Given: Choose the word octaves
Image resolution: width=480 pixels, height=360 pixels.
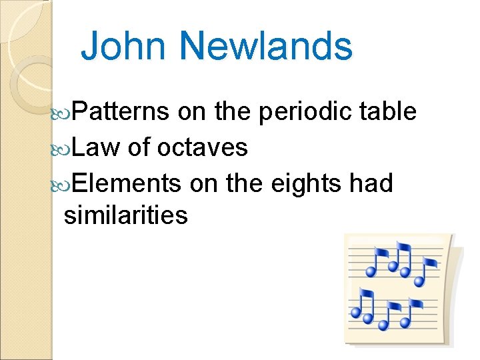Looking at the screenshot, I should pos(203,147).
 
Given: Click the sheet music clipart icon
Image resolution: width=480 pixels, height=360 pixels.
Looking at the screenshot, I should pos(397,288).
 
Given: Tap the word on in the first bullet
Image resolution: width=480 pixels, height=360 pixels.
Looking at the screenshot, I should pos(192,113).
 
